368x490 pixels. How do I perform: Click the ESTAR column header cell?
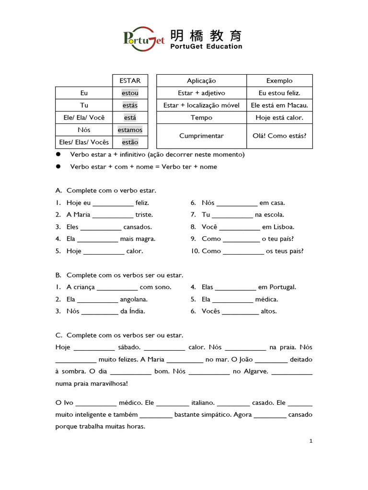pos(130,81)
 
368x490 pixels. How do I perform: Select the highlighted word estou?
pos(130,93)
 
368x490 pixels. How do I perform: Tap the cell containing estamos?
pos(130,130)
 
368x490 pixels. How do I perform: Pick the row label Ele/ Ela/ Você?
pos(84,118)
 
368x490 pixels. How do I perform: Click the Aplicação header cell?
pos(201,81)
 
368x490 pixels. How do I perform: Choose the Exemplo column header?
pos(279,81)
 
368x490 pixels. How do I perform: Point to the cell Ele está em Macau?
pos(279,105)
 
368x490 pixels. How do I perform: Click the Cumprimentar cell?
pos(201,136)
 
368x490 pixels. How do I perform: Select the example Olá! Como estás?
pos(279,136)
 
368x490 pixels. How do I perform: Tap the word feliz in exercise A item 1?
pos(142,203)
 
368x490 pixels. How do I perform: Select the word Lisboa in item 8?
pos(284,227)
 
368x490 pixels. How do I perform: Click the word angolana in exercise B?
pos(134,300)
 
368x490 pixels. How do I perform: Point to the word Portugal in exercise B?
pos(283,287)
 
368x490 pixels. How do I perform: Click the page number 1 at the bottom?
pos(310,441)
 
